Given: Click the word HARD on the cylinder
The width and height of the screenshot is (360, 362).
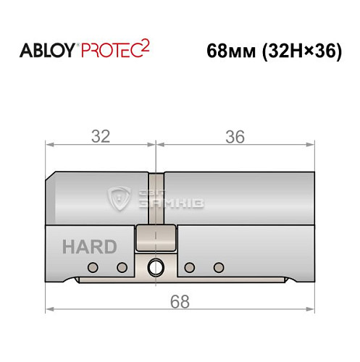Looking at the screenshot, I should (x=88, y=246).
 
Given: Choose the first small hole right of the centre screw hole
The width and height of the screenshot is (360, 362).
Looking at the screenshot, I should (x=189, y=268).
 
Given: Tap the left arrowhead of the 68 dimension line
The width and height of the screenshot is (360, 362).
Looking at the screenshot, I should (x=49, y=311).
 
